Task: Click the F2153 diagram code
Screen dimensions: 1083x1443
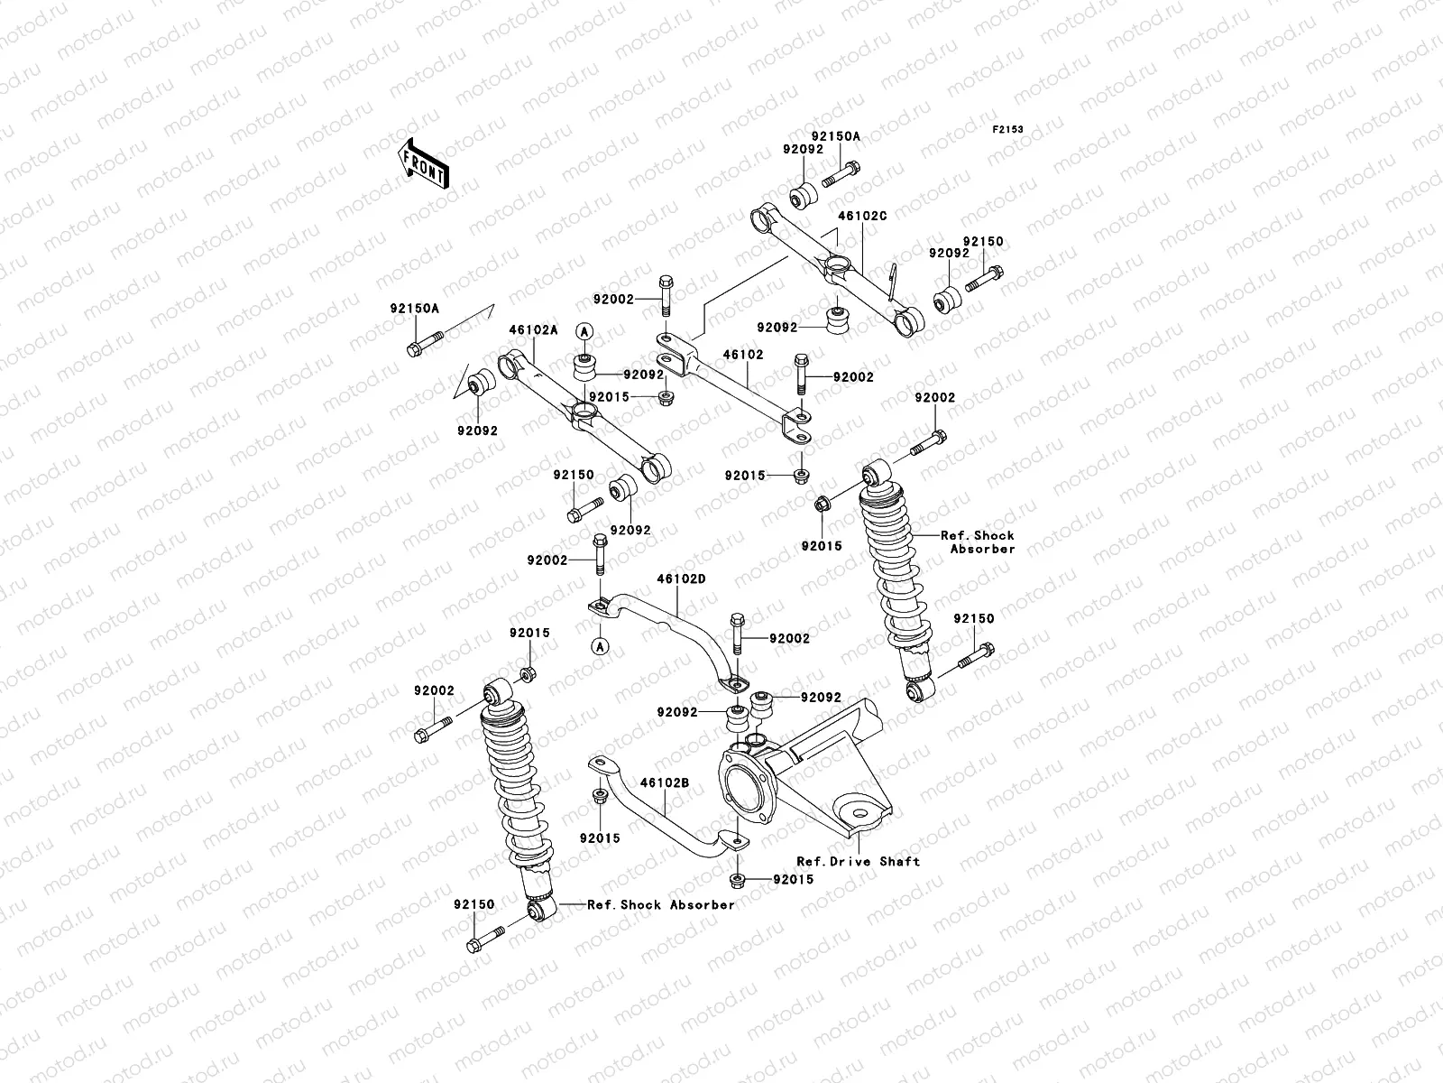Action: coord(1008,130)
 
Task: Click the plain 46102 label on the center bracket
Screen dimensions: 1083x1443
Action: coord(743,355)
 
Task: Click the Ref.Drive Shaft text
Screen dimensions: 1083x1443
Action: coord(858,861)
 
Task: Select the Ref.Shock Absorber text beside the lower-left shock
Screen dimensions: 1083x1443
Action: coord(661,904)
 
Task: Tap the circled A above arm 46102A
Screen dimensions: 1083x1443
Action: coord(584,331)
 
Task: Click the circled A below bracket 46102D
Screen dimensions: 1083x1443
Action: coord(597,645)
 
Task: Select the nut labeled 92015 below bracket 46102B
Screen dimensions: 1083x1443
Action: coord(735,880)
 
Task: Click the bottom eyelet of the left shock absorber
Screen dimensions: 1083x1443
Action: coord(540,912)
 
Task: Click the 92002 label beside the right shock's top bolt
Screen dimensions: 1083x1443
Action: coord(934,397)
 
